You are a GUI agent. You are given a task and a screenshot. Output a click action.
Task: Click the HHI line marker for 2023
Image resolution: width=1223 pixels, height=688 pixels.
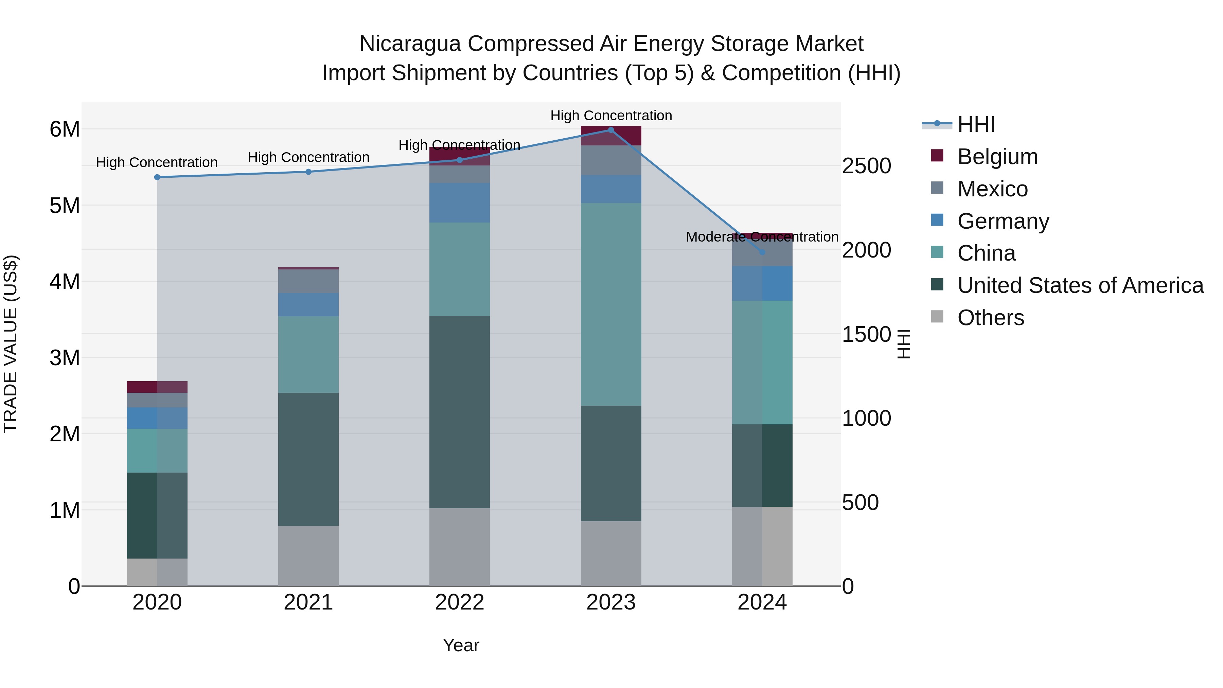(x=611, y=130)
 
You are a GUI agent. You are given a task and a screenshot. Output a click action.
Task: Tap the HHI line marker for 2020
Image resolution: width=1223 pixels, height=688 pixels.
(x=157, y=177)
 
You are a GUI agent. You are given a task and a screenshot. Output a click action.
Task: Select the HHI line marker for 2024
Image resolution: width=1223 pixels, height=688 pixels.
(x=762, y=252)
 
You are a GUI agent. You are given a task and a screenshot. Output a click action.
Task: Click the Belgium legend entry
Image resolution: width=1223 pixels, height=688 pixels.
(x=997, y=157)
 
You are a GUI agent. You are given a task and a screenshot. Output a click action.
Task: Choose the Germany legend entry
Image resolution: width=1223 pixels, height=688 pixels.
(x=1003, y=221)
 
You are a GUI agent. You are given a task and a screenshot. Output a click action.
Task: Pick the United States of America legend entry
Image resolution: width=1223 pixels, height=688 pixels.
(x=1080, y=285)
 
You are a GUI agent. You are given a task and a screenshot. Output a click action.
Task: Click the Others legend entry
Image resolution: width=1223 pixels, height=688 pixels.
(x=990, y=318)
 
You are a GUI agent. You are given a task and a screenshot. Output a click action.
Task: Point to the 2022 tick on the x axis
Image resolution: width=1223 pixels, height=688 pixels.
(x=460, y=602)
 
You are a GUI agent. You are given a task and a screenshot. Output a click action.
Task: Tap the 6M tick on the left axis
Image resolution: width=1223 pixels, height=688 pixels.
(x=65, y=129)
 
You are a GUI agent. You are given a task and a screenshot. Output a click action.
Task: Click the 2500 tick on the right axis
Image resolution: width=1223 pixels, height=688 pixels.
(x=866, y=166)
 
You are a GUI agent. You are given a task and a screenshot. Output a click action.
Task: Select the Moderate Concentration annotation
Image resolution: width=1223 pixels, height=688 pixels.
(x=762, y=236)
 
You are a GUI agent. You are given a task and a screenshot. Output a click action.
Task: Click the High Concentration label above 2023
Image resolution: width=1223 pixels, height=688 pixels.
(x=611, y=116)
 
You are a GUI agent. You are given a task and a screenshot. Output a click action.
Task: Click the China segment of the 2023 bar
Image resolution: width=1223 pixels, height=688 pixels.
(x=611, y=304)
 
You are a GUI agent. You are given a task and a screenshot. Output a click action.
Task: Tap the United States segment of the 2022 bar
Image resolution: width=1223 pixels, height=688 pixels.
(x=460, y=412)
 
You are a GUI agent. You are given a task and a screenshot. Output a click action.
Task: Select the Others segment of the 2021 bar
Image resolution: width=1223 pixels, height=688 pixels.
(x=308, y=555)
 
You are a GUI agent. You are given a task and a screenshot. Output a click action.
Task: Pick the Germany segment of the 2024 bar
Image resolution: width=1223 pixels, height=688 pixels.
(x=762, y=283)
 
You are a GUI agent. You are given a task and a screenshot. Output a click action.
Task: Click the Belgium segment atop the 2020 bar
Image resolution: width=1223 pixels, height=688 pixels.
(x=157, y=387)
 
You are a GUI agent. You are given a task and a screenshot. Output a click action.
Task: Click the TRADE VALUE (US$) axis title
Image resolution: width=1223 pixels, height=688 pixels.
(x=11, y=344)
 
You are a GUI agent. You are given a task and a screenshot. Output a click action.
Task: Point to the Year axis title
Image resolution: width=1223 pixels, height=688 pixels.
(x=461, y=645)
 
